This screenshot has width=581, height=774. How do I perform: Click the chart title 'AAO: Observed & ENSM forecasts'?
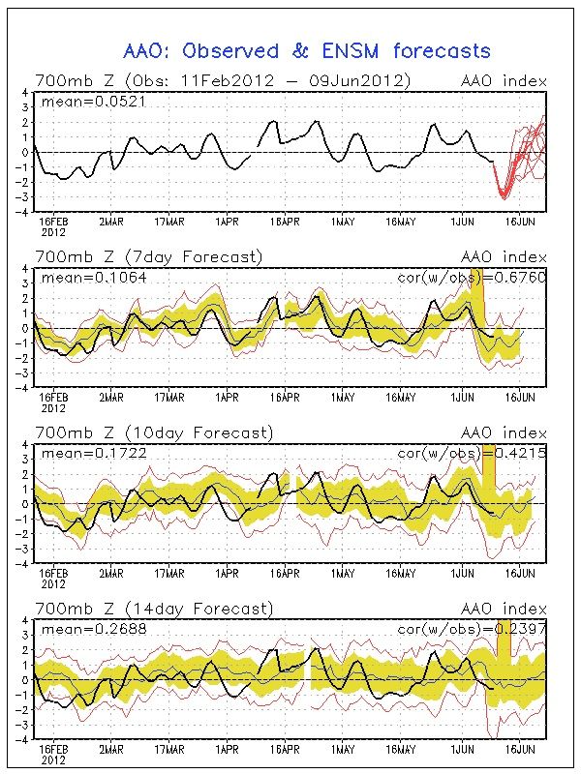[306, 51]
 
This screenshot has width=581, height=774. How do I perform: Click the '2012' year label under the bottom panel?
[53, 760]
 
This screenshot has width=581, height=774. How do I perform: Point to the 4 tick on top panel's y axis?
[25, 92]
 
